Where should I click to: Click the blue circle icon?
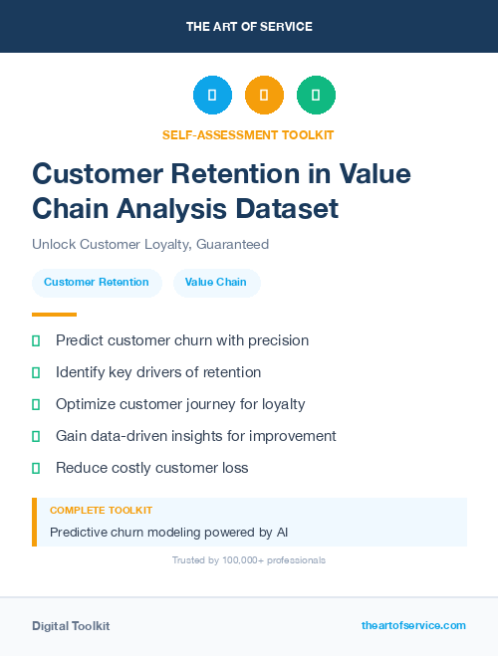[212, 96]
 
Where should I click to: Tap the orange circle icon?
[264, 96]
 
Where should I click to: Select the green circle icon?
[316, 96]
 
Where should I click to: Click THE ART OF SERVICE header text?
[249, 27]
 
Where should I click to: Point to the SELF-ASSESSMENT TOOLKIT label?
[249, 134]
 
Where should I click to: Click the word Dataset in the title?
[288, 209]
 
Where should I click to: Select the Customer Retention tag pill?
[97, 283]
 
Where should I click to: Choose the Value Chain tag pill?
[216, 283]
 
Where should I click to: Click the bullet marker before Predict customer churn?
[36, 340]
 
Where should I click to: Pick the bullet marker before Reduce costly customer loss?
[36, 468]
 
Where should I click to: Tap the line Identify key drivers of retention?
[158, 372]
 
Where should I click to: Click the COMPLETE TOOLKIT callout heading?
[101, 510]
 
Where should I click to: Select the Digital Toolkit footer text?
[71, 626]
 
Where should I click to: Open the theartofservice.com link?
[413, 625]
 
